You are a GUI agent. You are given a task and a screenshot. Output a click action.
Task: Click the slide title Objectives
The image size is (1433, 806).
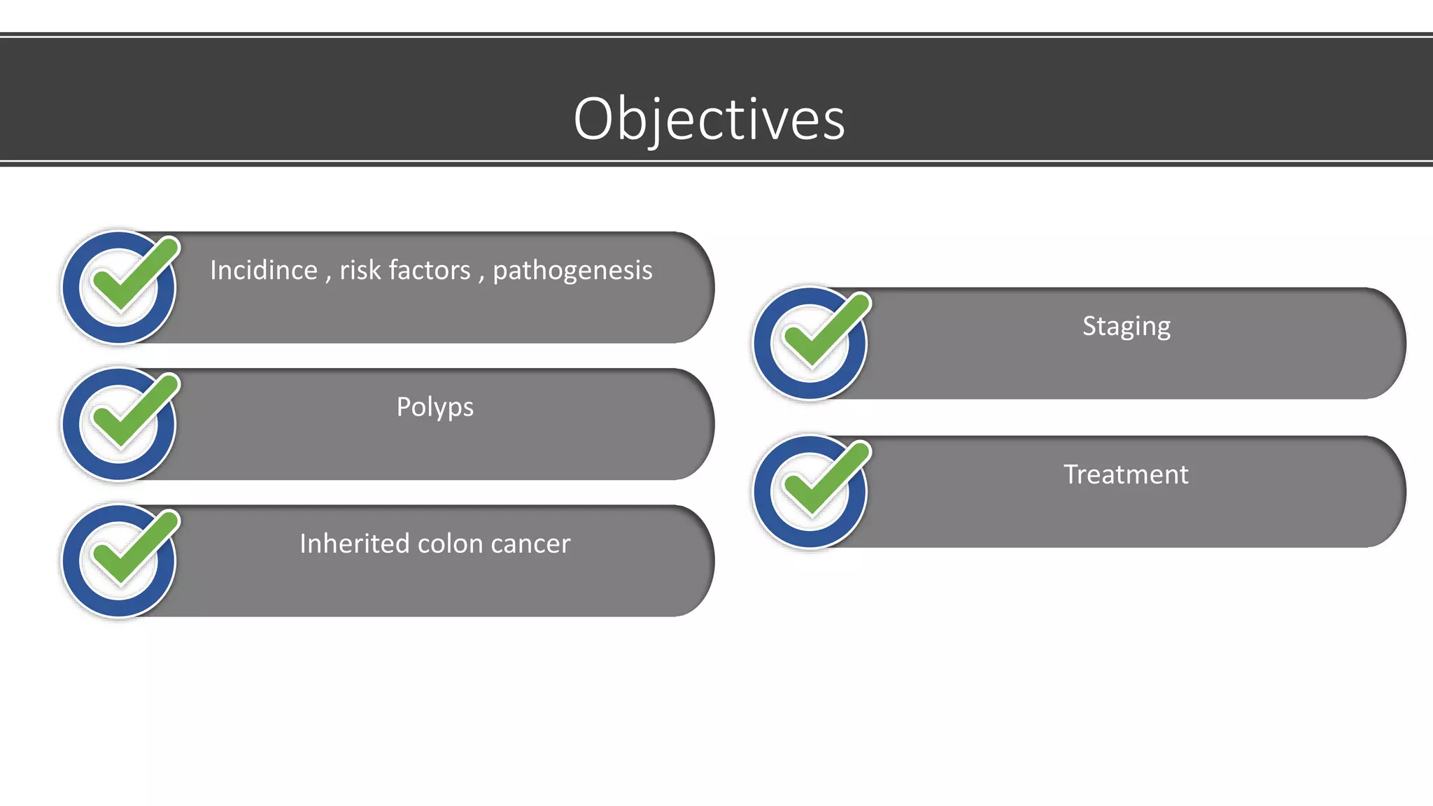click(709, 119)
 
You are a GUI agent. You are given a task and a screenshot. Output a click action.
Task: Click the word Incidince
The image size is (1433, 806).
click(264, 271)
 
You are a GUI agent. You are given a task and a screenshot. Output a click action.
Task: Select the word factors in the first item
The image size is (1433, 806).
click(430, 271)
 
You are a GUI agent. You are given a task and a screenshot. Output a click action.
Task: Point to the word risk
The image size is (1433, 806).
click(358, 271)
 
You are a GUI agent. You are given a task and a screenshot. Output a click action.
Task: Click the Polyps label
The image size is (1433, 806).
click(435, 407)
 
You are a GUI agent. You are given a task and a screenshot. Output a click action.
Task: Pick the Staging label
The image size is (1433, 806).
click(1126, 327)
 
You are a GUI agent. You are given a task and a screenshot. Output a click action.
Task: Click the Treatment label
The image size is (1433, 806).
click(1126, 474)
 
